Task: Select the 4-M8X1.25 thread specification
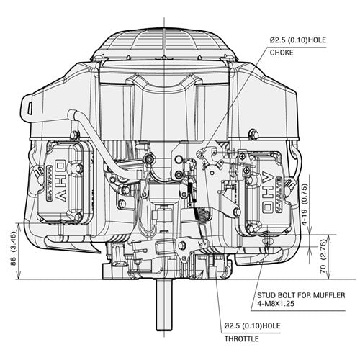point(280,305)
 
